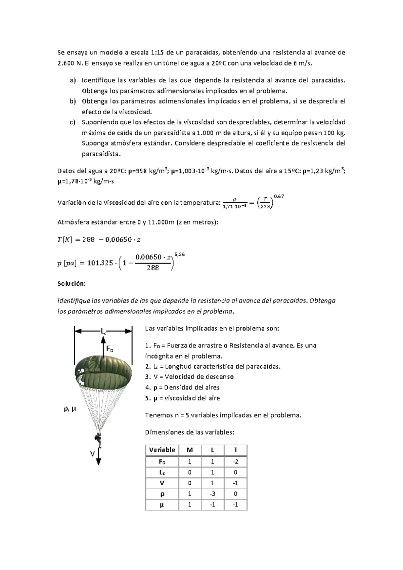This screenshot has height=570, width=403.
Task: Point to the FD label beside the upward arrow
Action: pos(110,349)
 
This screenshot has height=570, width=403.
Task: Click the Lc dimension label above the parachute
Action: pos(103,331)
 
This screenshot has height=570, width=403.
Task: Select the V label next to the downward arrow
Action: pos(92,454)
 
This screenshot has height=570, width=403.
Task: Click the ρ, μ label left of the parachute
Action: pos(70,409)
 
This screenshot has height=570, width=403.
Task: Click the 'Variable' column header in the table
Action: pos(162,450)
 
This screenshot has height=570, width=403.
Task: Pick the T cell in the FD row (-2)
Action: pos(235,462)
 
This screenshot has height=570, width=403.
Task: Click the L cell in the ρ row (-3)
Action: pos(213,494)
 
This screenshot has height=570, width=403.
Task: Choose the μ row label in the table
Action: pos(162,505)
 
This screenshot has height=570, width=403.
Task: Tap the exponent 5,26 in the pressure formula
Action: pos(180,254)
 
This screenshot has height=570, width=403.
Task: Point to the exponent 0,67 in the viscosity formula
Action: pos(279,196)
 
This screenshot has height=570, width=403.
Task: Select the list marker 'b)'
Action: pos(73,101)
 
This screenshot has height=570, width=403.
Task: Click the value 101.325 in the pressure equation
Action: pos(100,263)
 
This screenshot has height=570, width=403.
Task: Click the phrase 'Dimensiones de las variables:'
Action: pos(189,433)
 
